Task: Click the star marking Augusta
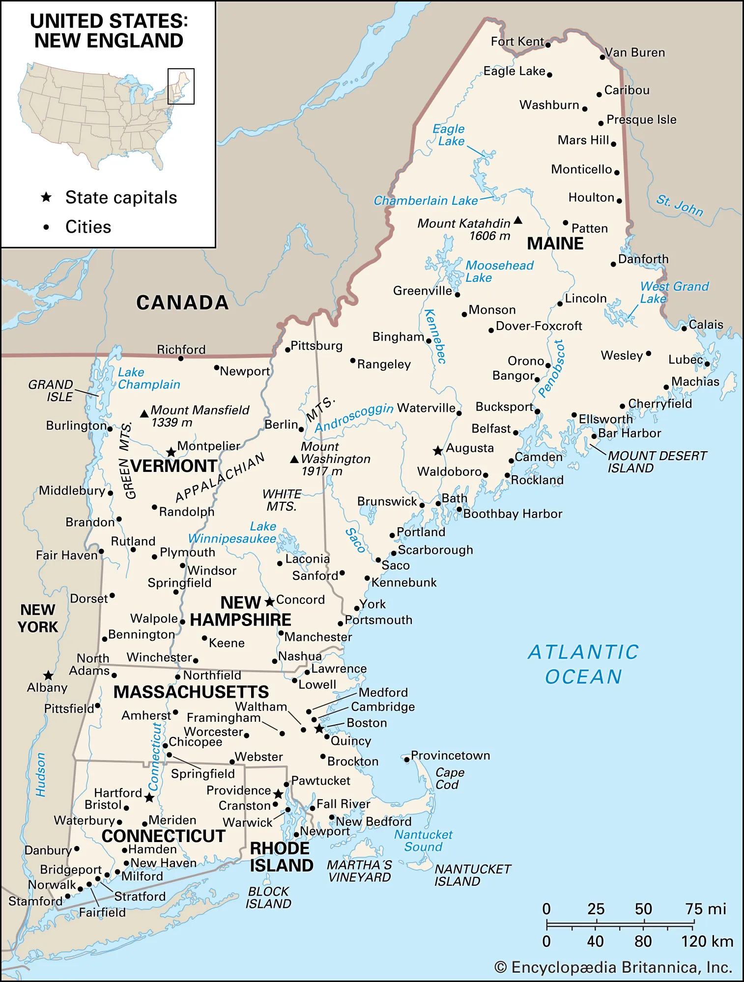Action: pyautogui.click(x=438, y=450)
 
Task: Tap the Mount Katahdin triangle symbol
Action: pyautogui.click(x=518, y=220)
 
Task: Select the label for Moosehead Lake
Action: pyautogui.click(x=499, y=272)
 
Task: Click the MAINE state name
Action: pyautogui.click(x=555, y=244)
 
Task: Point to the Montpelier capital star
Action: pyautogui.click(x=171, y=452)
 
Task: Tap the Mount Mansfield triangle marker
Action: pyautogui.click(x=144, y=414)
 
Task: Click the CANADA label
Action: pyautogui.click(x=182, y=302)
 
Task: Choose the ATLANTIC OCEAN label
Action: pyautogui.click(x=583, y=664)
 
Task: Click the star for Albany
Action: pyautogui.click(x=48, y=676)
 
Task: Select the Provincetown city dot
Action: pyautogui.click(x=407, y=760)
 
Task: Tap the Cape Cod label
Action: pyautogui.click(x=449, y=779)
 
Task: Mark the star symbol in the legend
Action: pyautogui.click(x=46, y=197)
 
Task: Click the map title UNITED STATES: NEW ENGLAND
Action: pyautogui.click(x=109, y=31)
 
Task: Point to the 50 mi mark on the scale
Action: pyautogui.click(x=644, y=909)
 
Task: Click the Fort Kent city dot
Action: pyautogui.click(x=548, y=45)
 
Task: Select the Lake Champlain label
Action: pyautogui.click(x=148, y=379)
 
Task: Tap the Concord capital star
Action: pyautogui.click(x=269, y=601)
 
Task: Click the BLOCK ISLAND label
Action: pyautogui.click(x=268, y=898)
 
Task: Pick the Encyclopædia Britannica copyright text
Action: pyautogui.click(x=613, y=967)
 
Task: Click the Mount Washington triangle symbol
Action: pyautogui.click(x=294, y=460)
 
